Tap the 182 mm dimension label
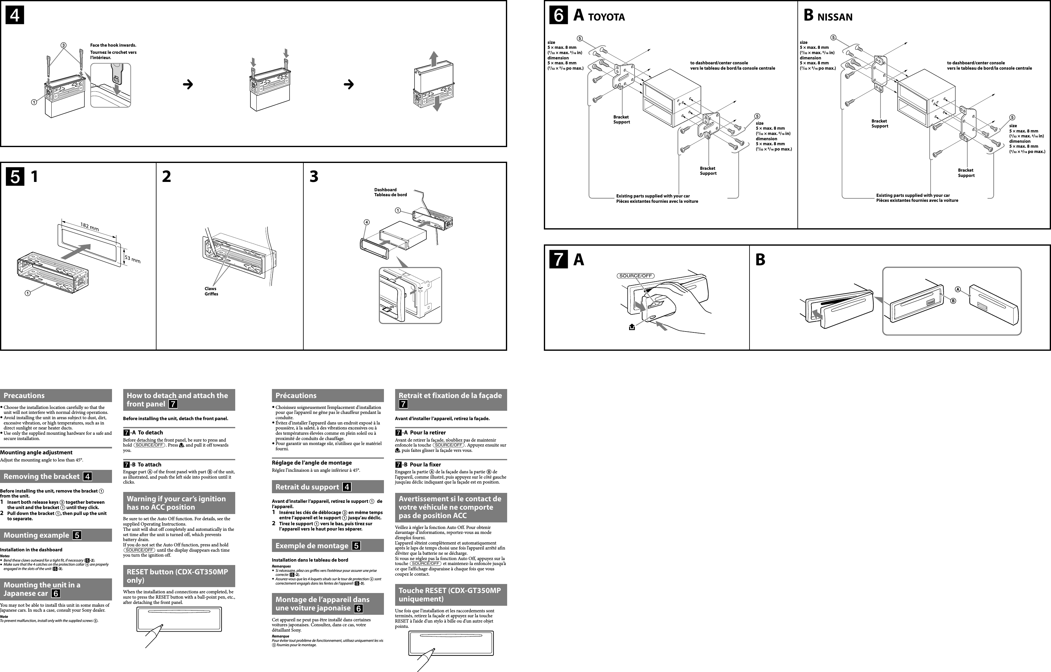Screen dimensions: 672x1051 [x=90, y=226]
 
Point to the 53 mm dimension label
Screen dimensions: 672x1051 [x=132, y=260]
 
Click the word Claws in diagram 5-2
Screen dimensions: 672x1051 [x=210, y=289]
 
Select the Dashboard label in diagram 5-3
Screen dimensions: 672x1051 [x=385, y=190]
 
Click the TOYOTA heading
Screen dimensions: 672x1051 [x=606, y=17]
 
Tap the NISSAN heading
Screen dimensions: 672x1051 [x=834, y=17]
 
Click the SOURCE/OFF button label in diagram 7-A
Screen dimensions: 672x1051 [x=636, y=276]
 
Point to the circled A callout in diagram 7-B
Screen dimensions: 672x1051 [x=958, y=289]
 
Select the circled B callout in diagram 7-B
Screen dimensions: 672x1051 [x=953, y=301]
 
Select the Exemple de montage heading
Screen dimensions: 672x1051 [x=312, y=546]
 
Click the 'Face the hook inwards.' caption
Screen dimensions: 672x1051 [x=113, y=45]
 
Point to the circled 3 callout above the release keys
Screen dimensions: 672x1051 [x=63, y=45]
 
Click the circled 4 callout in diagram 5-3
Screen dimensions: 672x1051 [x=367, y=222]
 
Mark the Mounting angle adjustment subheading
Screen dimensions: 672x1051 [x=36, y=452]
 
